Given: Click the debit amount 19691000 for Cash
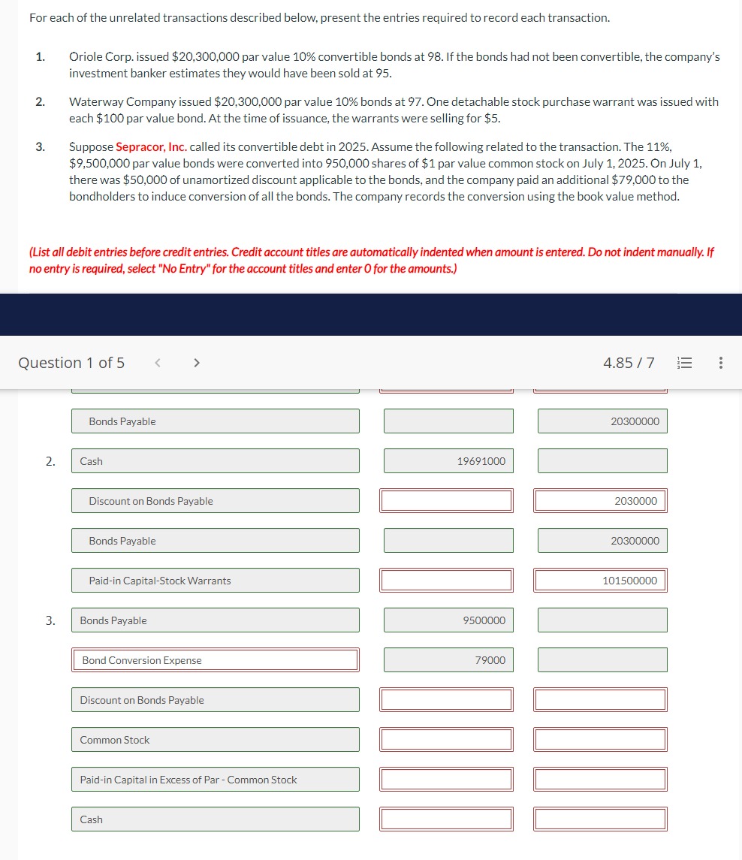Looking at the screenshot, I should point(448,461).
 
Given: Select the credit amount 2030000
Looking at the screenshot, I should point(600,501).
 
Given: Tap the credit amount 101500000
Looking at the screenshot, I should point(600,581).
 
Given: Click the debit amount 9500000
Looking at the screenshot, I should point(448,620).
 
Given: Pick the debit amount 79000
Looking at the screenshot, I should point(448,660).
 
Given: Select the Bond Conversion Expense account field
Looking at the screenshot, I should point(215,660).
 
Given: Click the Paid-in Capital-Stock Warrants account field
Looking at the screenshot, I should point(215,581).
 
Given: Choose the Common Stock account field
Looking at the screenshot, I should point(215,740).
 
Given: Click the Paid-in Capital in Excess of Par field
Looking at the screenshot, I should point(215,780).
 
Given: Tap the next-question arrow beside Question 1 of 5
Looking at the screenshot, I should point(197,364).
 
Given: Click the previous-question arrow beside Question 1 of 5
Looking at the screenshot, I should point(158,364).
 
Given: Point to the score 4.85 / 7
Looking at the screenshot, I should point(629,364).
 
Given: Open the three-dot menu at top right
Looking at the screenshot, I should point(721,364).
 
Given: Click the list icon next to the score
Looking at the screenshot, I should point(684,364).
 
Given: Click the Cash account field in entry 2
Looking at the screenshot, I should point(215,461).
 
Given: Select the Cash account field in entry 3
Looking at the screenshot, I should point(215,819).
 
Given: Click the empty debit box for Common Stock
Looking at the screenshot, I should point(448,740).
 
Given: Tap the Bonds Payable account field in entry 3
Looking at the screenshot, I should point(215,620).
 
